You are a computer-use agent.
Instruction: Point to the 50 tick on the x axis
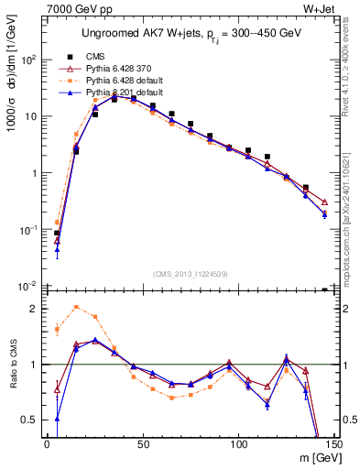point(142,446)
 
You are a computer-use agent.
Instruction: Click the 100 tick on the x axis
point(238,446)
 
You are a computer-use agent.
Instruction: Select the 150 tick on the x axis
point(333,446)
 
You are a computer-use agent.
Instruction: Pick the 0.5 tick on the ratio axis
point(31,420)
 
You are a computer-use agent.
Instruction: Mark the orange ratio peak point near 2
point(76,307)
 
